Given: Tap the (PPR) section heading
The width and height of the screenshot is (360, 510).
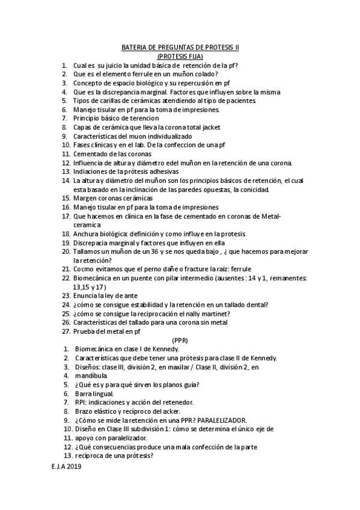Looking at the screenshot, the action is point(180,340).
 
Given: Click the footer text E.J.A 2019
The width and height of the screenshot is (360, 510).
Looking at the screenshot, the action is point(66,466).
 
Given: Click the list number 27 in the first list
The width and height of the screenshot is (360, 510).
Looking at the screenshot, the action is point(66,331).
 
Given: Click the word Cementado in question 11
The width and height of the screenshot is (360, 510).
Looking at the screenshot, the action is point(91,154).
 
